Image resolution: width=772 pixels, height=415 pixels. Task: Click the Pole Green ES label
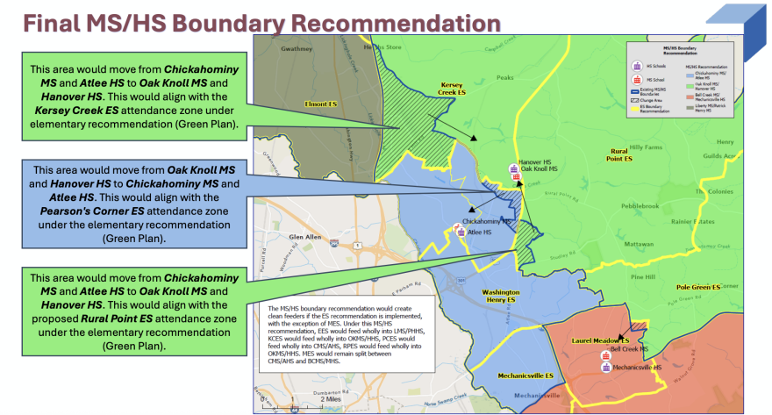pos(698,287)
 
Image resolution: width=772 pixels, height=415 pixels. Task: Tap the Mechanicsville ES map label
pos(526,376)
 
